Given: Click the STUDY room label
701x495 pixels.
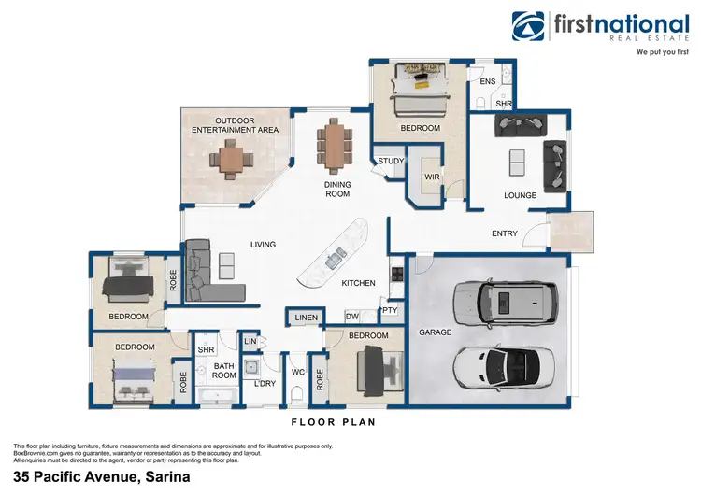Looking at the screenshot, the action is coord(391,161).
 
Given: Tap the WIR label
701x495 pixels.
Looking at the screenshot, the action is coord(432,177).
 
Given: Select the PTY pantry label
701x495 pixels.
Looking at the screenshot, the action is coord(390,309).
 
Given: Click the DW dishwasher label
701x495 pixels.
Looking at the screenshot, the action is coord(352,317).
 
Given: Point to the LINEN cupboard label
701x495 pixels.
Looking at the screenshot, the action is coord(307,318).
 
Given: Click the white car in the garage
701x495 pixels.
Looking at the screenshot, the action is coord(504,368).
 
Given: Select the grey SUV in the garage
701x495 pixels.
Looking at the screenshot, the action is coord(506,303).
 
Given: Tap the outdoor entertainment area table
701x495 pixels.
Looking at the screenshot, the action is coord(231,160).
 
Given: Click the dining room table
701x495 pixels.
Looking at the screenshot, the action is coord(335,146).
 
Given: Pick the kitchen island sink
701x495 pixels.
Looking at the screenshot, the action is coord(336,258).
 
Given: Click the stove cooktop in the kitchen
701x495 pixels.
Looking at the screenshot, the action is coord(397,274).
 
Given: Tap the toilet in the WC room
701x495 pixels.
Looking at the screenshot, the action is coord(296,394).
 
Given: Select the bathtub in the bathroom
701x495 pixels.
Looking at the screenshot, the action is coord(217,395).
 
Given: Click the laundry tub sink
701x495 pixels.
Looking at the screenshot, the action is coord(251,368).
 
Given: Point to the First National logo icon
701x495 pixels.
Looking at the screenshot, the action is coord(528,26).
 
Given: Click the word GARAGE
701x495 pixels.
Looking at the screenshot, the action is coord(435,332).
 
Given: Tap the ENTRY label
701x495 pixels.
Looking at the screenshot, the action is coord(505,233).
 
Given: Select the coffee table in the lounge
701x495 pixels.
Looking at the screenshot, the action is coord(517,163).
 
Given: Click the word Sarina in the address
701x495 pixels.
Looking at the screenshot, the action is coord(167,476).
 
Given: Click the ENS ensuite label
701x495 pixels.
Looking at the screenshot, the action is coord(488,81).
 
